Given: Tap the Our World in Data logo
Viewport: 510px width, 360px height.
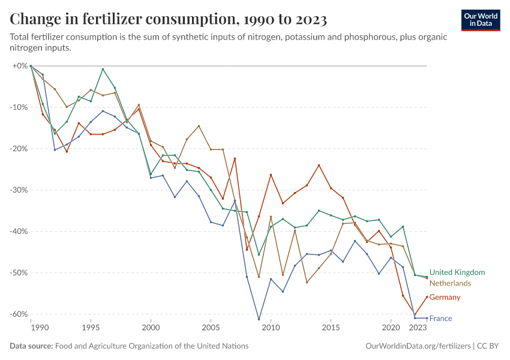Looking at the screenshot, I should [x=481, y=20].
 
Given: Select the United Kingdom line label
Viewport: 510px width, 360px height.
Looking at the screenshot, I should [x=457, y=272].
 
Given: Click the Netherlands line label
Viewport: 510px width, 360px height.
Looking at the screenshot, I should [x=450, y=283].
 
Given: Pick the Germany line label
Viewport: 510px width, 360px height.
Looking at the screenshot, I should [x=445, y=298].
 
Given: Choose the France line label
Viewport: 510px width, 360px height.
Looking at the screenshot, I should [x=441, y=319].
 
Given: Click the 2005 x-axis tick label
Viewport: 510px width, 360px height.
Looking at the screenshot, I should [x=211, y=328].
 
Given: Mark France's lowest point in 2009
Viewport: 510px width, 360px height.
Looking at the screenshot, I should [x=259, y=319].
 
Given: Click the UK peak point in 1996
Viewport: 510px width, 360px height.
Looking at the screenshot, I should [x=103, y=69].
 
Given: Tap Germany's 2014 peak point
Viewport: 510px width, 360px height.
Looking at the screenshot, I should [x=319, y=165].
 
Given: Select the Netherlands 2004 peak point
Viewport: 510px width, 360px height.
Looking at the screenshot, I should [x=199, y=126].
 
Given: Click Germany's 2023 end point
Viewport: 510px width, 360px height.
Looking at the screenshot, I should [x=427, y=296].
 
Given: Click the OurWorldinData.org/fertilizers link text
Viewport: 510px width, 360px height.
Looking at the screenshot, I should [x=418, y=346].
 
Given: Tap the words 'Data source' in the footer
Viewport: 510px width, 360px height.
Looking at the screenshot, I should [x=31, y=346].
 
